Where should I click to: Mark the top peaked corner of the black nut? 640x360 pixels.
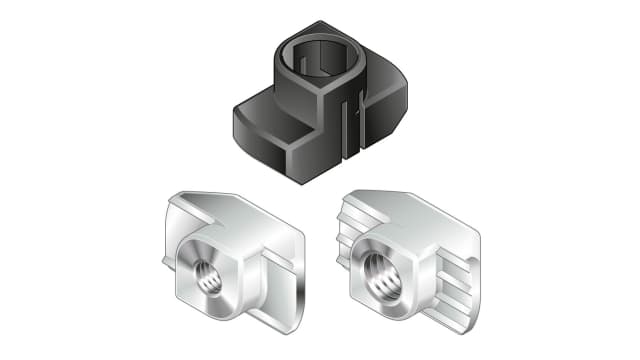tap(344, 21)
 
